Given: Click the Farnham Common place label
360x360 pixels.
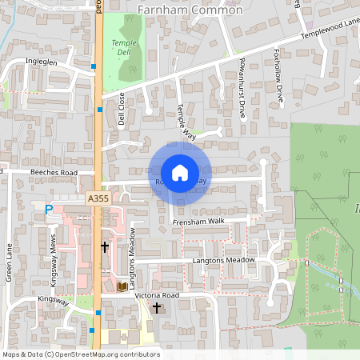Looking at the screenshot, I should [x=190, y=10].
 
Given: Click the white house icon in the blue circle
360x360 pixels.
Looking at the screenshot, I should [x=180, y=172].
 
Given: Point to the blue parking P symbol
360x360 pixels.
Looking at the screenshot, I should [x=48, y=210].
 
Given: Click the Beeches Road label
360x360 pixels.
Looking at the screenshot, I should [x=54, y=172].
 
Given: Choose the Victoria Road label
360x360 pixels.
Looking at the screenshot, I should [x=166, y=295].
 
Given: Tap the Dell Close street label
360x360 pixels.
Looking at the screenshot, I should [x=122, y=109].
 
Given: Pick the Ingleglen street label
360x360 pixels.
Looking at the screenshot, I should [x=40, y=61].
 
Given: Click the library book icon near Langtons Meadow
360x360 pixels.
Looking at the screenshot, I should [x=122, y=286].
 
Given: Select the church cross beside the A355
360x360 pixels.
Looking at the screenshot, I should [x=104, y=248].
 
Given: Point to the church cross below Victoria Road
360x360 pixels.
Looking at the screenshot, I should [x=157, y=307].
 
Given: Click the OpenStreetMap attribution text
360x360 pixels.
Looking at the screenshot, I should [x=80, y=354].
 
